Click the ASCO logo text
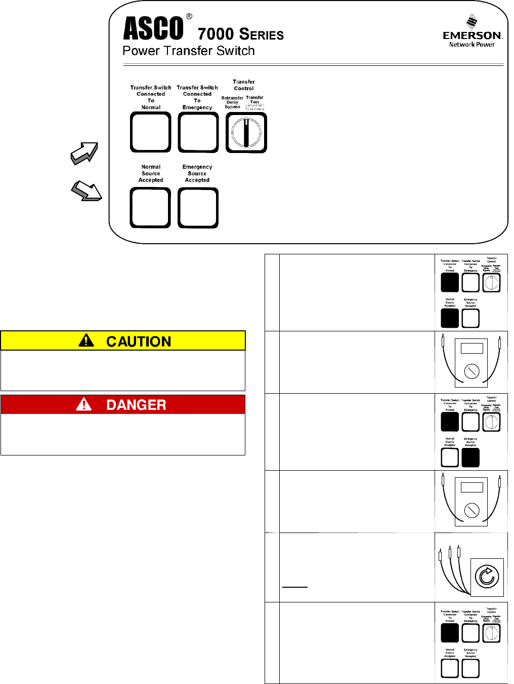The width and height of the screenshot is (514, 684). (x=153, y=28)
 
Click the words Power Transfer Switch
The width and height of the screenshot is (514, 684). (x=188, y=51)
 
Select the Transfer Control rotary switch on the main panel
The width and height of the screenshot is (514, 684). (x=246, y=133)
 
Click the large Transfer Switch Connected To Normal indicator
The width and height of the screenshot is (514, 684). (x=151, y=132)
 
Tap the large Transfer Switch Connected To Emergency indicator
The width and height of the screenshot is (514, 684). (x=198, y=132)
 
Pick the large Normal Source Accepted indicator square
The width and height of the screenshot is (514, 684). (x=150, y=208)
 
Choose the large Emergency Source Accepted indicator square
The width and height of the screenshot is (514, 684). (x=198, y=208)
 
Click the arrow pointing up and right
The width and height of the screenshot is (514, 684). (x=84, y=153)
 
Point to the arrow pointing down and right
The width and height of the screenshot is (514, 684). (x=86, y=191)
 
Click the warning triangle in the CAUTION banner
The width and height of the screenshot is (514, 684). (x=87, y=340)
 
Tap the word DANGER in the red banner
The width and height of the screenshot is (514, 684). (x=136, y=405)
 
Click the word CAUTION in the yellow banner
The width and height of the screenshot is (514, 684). (x=139, y=341)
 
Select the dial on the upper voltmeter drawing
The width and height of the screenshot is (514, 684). (x=472, y=371)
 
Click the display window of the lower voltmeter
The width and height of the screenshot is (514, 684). (x=472, y=487)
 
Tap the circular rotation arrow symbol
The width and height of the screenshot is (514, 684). (x=487, y=577)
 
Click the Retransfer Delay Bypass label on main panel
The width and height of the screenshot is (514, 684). (x=232, y=102)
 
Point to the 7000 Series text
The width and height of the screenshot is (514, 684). (x=241, y=34)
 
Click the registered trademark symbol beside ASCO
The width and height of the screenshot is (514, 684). (x=189, y=16)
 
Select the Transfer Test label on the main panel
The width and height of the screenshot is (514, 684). (x=254, y=100)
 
